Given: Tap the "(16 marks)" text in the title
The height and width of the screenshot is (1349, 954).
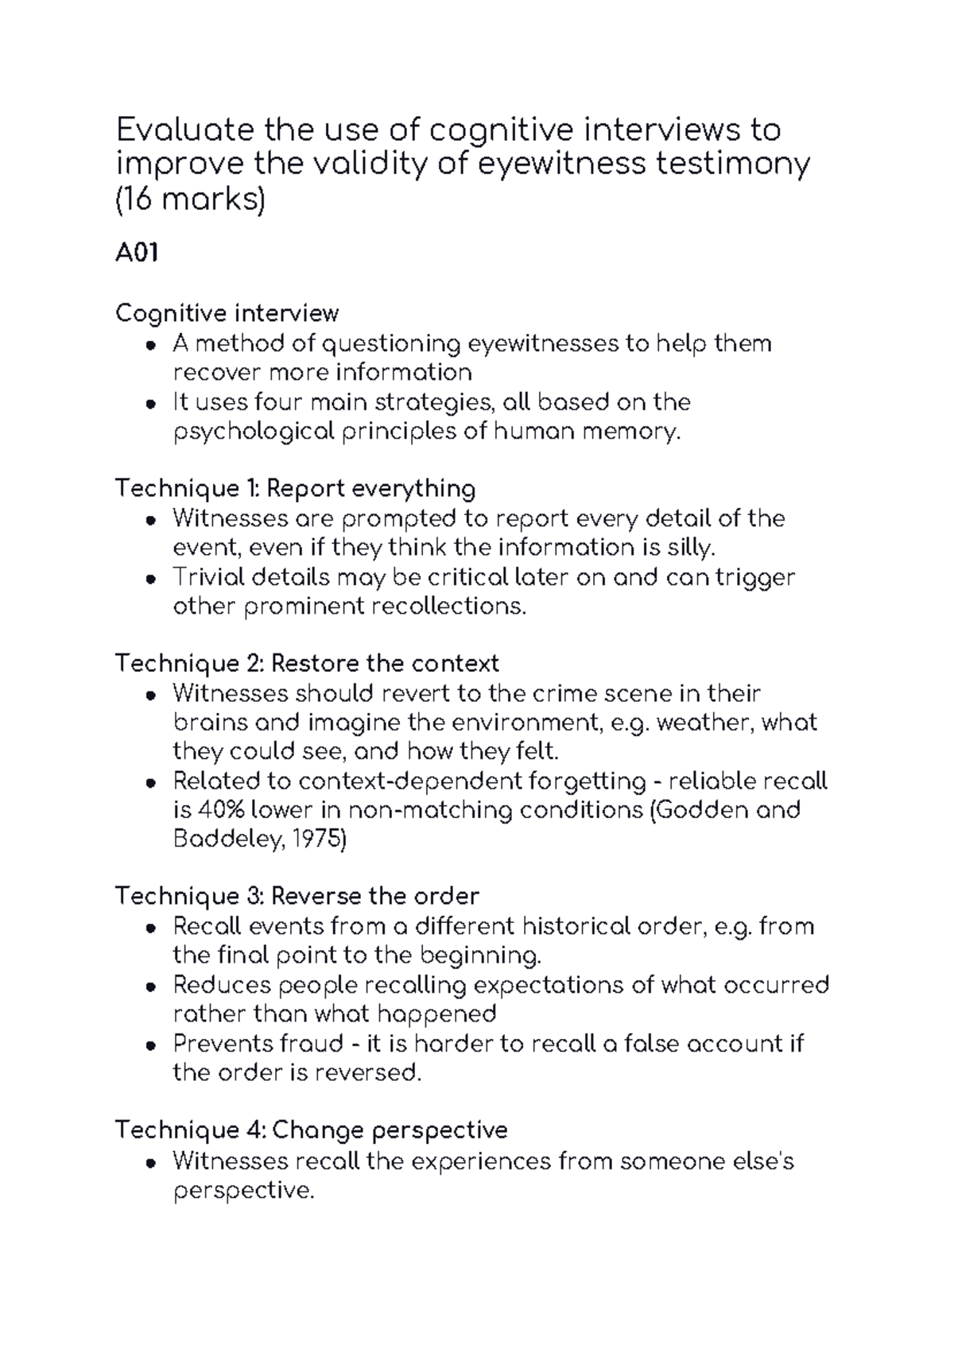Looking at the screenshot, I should (x=190, y=200).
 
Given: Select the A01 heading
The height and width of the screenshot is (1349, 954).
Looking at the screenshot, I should (x=137, y=254).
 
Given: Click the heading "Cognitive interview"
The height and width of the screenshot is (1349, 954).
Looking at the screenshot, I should (x=227, y=313).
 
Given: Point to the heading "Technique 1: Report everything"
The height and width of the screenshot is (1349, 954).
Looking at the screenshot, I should (x=295, y=488).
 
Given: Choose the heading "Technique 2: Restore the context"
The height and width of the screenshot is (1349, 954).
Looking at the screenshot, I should (x=307, y=663).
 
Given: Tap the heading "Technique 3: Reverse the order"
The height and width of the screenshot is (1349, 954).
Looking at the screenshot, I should (x=297, y=897).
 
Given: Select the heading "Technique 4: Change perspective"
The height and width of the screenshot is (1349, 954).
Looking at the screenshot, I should (x=311, y=1130).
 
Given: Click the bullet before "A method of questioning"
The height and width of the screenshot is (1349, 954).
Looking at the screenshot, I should (x=150, y=345).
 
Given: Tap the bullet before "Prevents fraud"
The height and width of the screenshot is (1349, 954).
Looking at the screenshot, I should (x=150, y=1045).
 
